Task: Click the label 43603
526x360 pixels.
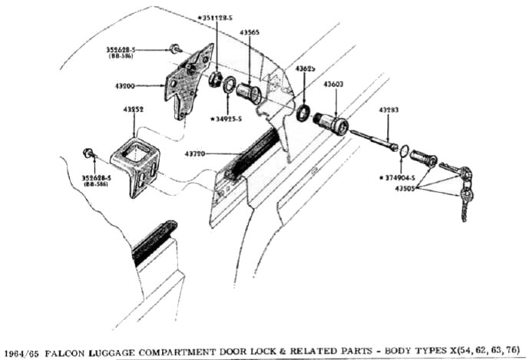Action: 332,84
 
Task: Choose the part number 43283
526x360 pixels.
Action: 388,111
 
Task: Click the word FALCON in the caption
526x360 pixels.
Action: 63,352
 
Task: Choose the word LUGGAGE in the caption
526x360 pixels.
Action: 112,352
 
